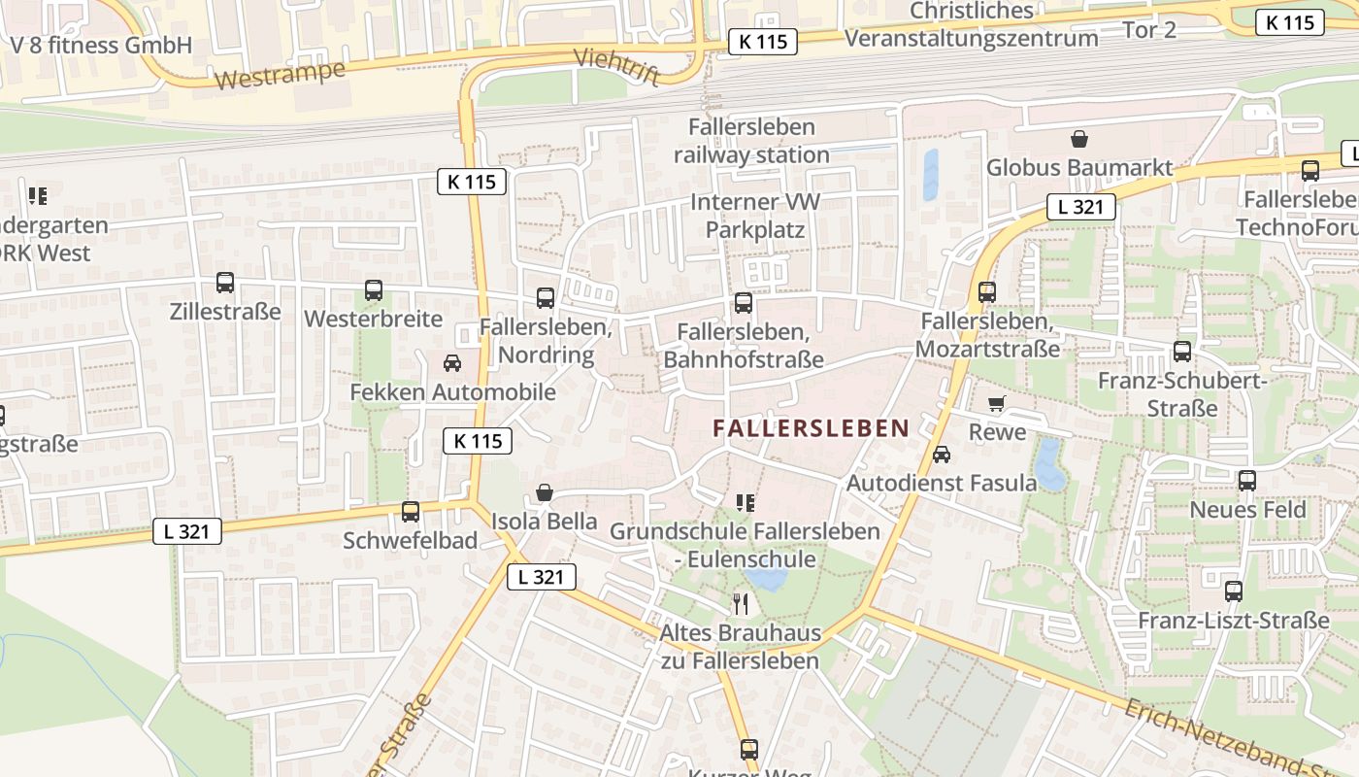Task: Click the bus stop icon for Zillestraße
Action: (x=225, y=283)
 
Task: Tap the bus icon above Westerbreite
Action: (x=374, y=289)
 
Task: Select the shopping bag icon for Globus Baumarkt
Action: (x=1078, y=139)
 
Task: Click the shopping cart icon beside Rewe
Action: (x=997, y=403)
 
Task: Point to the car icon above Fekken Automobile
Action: (x=451, y=363)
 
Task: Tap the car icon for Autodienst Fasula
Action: (x=941, y=454)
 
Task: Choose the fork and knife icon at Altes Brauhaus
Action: (x=741, y=604)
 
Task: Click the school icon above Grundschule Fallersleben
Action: (x=745, y=502)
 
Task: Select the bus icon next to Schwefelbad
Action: (x=411, y=511)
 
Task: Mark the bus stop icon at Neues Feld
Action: (x=1247, y=480)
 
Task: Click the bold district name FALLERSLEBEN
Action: (x=811, y=427)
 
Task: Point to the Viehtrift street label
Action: (x=617, y=65)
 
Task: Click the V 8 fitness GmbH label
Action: (x=101, y=45)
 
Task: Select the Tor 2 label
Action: (x=1149, y=29)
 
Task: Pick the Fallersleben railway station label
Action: (x=752, y=141)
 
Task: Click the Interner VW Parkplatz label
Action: (x=755, y=216)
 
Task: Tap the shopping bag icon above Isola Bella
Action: (x=545, y=492)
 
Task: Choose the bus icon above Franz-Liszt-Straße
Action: (x=1234, y=591)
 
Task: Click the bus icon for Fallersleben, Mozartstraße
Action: (x=987, y=291)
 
